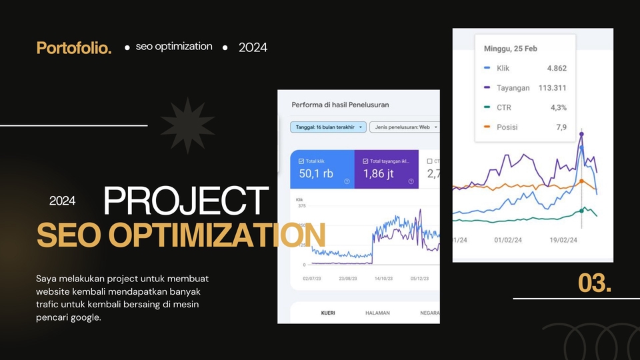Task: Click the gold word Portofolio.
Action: (x=74, y=48)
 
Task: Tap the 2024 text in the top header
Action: (x=253, y=47)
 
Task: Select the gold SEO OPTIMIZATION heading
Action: (x=181, y=235)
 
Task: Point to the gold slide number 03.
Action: (x=595, y=283)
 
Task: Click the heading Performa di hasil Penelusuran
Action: (x=340, y=105)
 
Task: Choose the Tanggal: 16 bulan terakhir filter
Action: (x=328, y=127)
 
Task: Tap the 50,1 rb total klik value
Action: (x=317, y=174)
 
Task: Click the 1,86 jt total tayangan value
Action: (x=380, y=174)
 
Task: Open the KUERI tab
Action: (x=328, y=313)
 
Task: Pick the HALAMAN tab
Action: (x=377, y=313)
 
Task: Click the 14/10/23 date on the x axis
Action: (x=383, y=279)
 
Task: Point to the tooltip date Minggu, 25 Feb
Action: (x=510, y=49)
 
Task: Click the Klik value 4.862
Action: (x=556, y=68)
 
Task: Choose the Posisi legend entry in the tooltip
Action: (x=507, y=127)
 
